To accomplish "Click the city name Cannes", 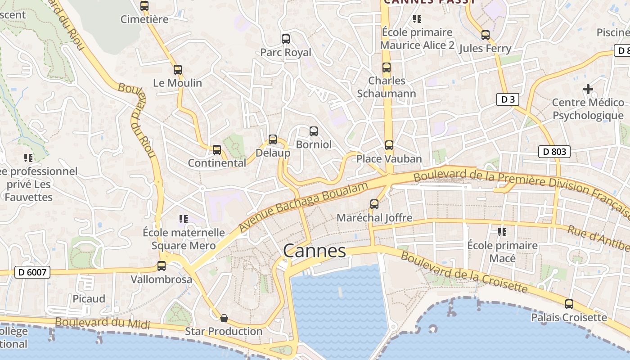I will point(315,251).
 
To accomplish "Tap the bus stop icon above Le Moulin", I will point(178,70).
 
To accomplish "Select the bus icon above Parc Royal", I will point(286,39).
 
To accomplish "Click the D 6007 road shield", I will point(32,272).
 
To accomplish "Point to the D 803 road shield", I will point(554,152).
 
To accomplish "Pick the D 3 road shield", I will point(508,99).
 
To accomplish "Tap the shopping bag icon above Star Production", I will point(224,319).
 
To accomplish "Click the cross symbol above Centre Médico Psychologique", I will point(588,89).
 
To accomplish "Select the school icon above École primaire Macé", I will point(502,232).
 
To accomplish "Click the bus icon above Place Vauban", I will point(389,145).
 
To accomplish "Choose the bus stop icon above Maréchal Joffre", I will point(374,204).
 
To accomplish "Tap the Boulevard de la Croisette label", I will point(463,271).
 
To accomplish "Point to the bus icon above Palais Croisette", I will point(569,304).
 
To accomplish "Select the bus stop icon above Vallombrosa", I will point(162,266).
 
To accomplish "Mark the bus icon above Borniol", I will point(314,131).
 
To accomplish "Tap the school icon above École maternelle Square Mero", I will point(183,219).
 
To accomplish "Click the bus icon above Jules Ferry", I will point(485,35).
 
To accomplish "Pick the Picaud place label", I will point(89,299).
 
